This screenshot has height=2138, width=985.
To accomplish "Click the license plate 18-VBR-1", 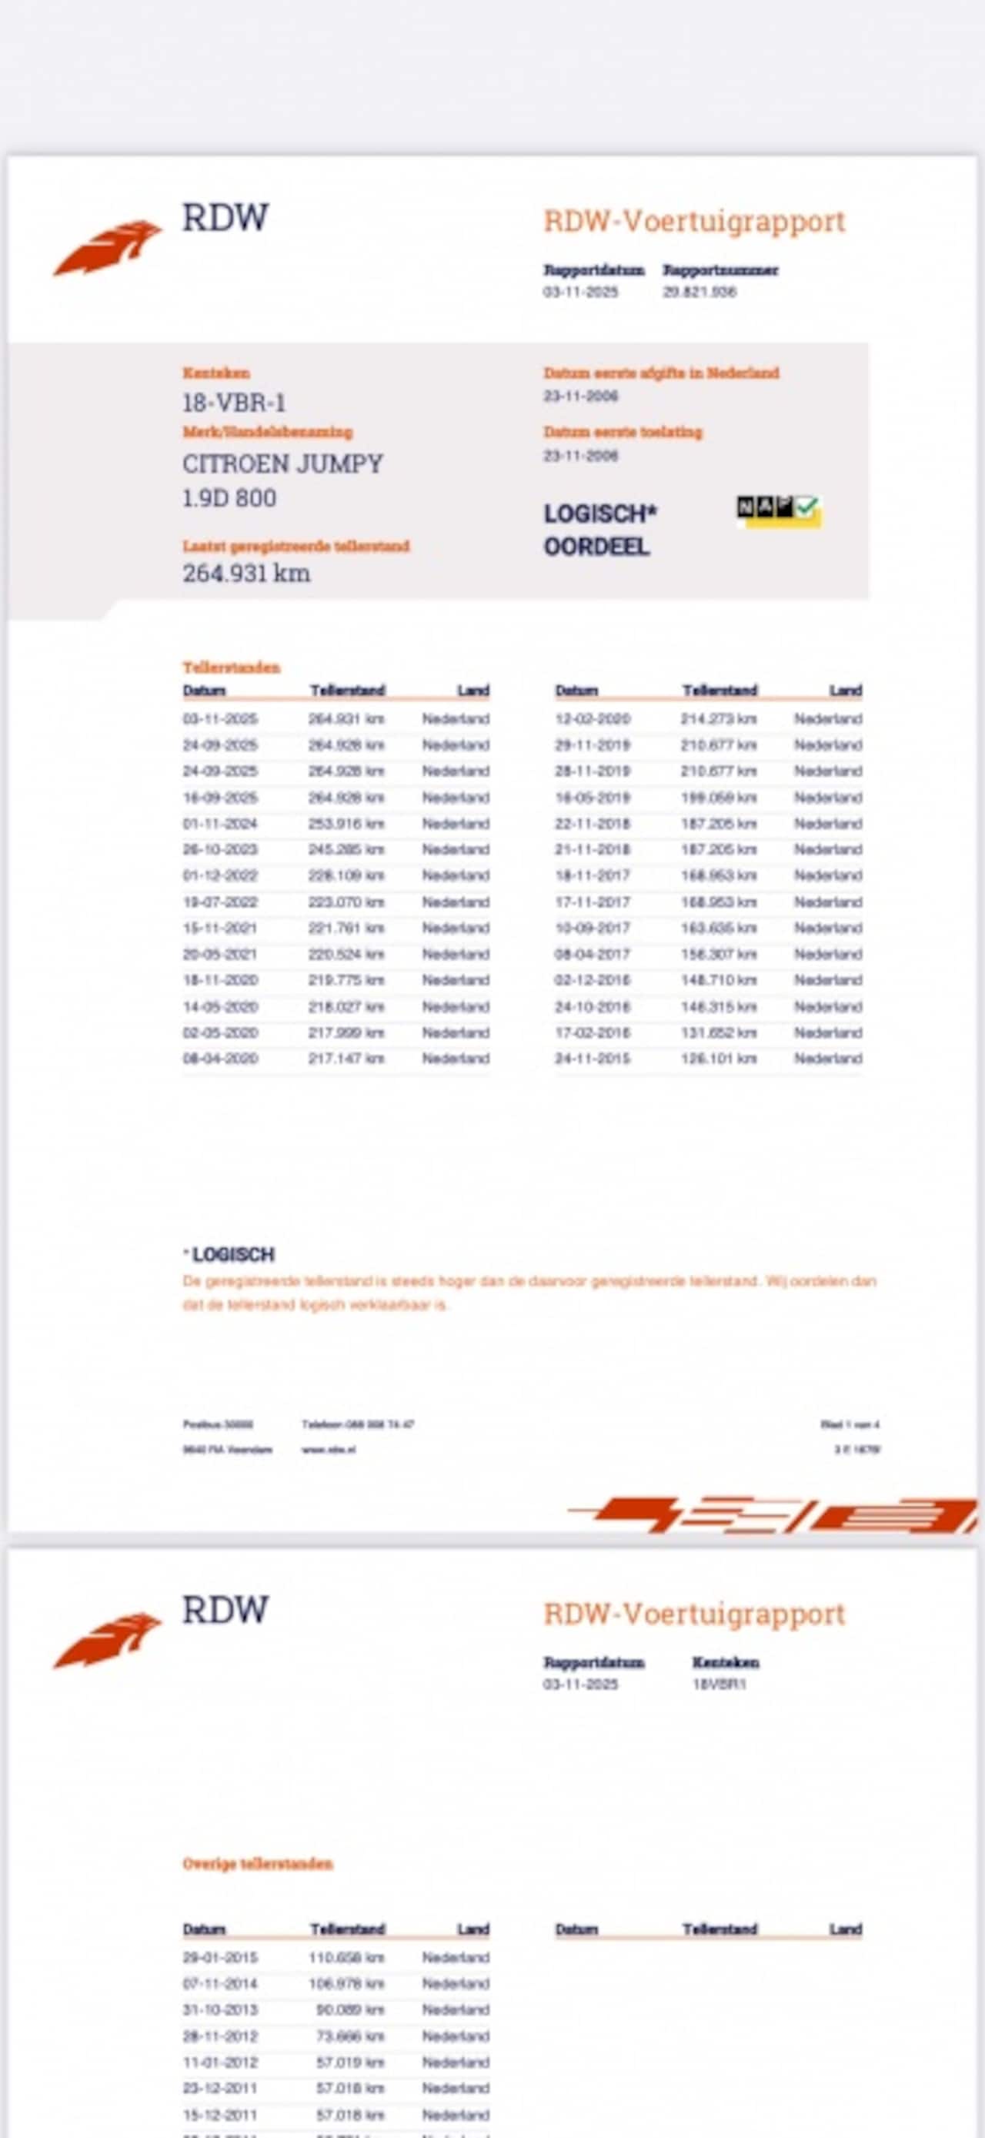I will pos(234,403).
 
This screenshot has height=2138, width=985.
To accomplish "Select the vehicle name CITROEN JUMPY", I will pos(282,464).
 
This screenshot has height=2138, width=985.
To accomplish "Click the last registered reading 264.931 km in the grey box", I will pos(246,574).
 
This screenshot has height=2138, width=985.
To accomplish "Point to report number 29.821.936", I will pos(699,292).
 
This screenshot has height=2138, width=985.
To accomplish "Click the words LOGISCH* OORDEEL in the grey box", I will pos(599,530).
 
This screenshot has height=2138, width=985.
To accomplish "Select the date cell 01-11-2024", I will pos(220,824).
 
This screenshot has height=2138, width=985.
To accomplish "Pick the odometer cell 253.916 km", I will pos(346,824).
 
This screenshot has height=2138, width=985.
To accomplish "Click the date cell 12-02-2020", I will pos(593,719).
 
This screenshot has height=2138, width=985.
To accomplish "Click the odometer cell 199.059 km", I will pos(719,798).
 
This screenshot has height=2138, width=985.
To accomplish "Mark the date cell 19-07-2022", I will pos(220,902).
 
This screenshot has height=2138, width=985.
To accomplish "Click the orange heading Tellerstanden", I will pos(232,667).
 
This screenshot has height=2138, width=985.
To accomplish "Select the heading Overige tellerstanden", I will pos(257,1864).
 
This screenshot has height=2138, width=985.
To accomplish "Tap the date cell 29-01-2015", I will pos(220,1958).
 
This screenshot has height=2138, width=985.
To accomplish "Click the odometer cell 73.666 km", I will pos(351,2036).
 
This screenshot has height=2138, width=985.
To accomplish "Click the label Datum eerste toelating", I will pos(623,433).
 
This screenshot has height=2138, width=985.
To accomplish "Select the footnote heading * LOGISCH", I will pos(230,1254).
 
